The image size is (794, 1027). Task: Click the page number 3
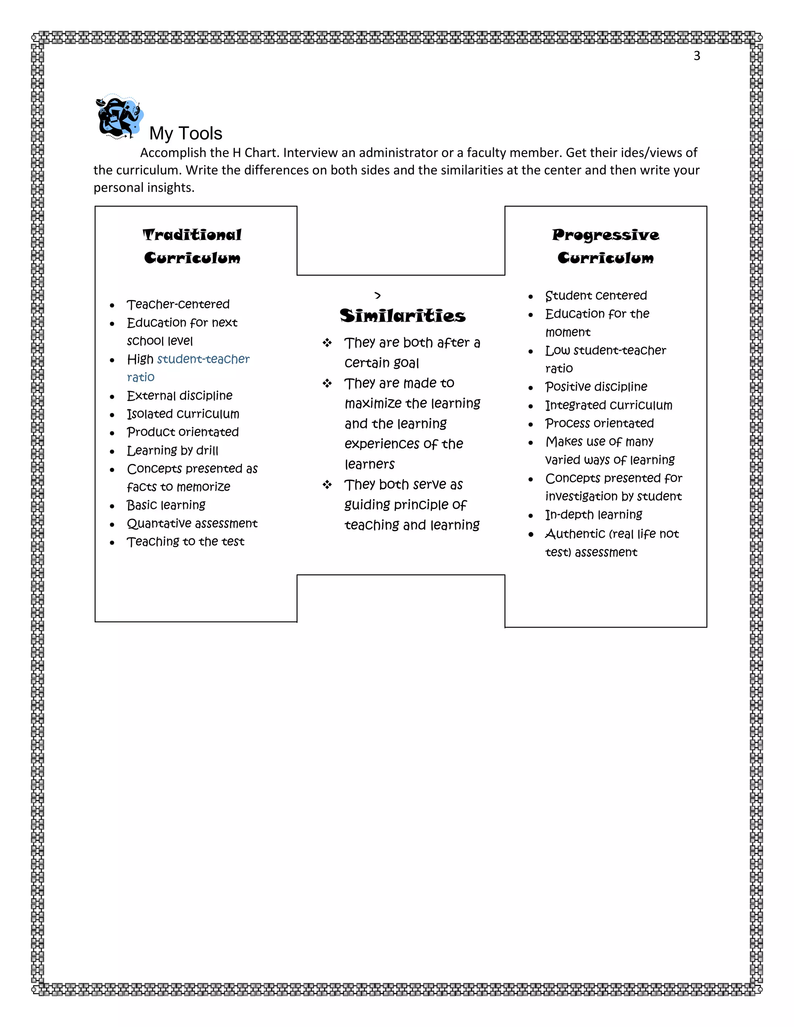[697, 56]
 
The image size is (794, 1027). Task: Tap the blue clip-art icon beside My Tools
[119, 117]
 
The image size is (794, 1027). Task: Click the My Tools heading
[185, 134]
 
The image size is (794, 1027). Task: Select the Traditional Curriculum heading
[192, 246]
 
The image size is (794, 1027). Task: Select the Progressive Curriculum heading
[605, 246]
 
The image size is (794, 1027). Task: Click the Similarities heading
[403, 315]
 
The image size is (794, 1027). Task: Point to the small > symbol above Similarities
[378, 295]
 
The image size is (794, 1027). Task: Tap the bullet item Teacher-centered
[178, 304]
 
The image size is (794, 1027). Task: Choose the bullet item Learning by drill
[172, 450]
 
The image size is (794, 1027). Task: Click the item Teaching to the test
[185, 542]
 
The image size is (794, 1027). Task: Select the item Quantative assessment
[192, 523]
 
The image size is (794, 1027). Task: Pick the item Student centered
[596, 295]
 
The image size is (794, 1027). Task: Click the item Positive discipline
[596, 386]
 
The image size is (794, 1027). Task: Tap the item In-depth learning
[594, 514]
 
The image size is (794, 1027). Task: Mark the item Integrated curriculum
[609, 405]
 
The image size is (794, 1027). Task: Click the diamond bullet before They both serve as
[327, 484]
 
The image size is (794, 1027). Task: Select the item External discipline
[179, 395]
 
